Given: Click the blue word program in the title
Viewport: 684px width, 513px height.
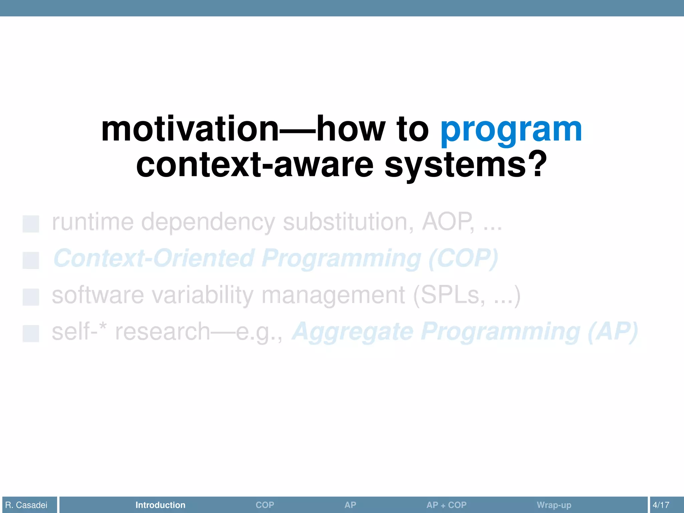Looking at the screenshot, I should click(x=511, y=131).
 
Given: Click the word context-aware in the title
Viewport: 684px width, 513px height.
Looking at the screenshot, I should click(x=254, y=165).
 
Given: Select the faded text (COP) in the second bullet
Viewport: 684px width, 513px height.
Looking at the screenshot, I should click(x=463, y=259).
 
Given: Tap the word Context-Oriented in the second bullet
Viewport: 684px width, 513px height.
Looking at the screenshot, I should click(x=154, y=259).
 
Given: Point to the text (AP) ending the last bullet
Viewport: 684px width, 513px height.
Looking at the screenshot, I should click(x=613, y=332).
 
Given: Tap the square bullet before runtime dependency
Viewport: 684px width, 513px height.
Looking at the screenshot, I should click(x=31, y=224).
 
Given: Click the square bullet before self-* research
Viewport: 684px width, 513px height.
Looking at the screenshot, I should click(x=31, y=333).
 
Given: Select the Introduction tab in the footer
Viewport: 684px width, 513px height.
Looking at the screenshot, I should click(x=160, y=505).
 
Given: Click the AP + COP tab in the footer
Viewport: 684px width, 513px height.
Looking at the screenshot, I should click(x=446, y=505).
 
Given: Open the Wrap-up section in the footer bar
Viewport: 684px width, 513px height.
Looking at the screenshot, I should click(x=554, y=505).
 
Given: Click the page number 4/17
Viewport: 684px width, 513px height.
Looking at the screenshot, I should click(x=661, y=505).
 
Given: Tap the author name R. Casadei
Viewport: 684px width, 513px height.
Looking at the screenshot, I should click(x=26, y=505).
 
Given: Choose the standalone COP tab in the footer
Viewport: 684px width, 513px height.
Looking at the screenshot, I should click(x=265, y=505).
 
